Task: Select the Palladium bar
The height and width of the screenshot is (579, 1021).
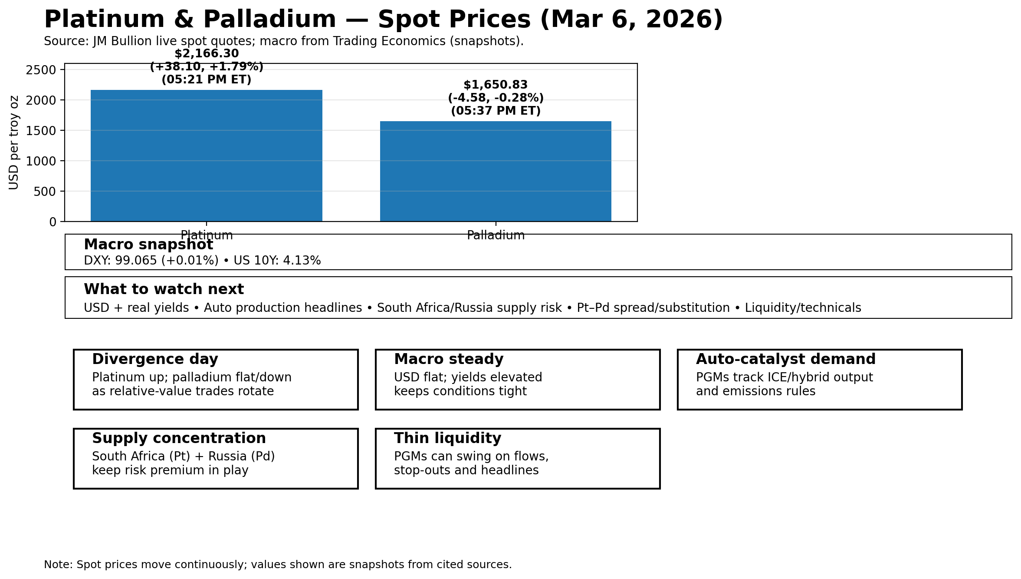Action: pyautogui.click(x=496, y=171)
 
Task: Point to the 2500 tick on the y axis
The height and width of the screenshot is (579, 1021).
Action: pyautogui.click(x=41, y=70)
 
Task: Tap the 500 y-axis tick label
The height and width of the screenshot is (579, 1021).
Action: pyautogui.click(x=45, y=192)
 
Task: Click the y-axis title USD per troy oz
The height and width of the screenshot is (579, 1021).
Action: pyautogui.click(x=14, y=142)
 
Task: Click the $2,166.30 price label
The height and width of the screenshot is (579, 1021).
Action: pyautogui.click(x=207, y=54)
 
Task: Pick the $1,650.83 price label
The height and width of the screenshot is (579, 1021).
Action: pyautogui.click(x=496, y=85)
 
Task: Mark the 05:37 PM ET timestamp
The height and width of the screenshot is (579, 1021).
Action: pyautogui.click(x=496, y=111)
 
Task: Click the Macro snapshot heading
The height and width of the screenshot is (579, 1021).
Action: pyautogui.click(x=148, y=245)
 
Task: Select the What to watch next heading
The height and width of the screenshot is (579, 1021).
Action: pyautogui.click(x=164, y=289)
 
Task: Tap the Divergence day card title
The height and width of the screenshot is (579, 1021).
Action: pyautogui.click(x=155, y=359)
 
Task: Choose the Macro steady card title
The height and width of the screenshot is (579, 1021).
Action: pyautogui.click(x=449, y=359)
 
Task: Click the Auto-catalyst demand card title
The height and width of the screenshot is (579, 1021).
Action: pyautogui.click(x=785, y=359)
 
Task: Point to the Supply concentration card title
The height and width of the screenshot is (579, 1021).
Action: pyautogui.click(x=179, y=438)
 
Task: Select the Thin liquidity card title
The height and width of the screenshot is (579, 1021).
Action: pyautogui.click(x=447, y=438)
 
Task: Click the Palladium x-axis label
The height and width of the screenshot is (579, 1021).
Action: pyautogui.click(x=496, y=235)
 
